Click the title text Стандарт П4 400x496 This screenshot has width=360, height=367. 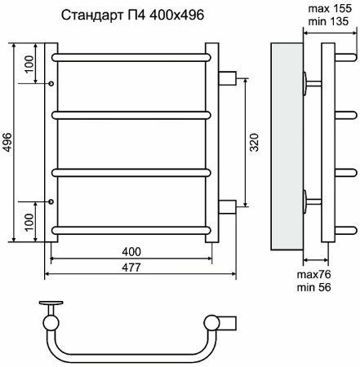click(131, 15)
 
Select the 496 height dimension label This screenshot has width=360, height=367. click(8, 140)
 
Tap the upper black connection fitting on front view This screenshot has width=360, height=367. click(228, 77)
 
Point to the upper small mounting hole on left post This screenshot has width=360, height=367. click(52, 83)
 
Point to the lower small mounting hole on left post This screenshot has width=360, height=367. click(52, 200)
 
